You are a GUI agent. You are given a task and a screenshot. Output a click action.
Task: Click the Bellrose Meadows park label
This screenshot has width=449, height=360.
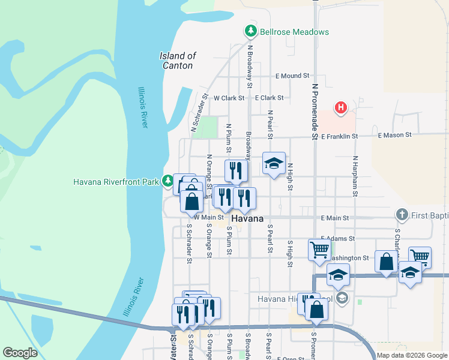(294, 31)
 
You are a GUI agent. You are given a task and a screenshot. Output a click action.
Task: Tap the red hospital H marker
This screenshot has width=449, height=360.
(341, 108)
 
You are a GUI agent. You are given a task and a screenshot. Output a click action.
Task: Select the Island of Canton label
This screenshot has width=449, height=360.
(178, 61)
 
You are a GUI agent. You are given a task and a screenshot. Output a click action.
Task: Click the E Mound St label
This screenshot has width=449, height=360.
(292, 76)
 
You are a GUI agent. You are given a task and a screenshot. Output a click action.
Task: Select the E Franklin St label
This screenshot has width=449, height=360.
(339, 136)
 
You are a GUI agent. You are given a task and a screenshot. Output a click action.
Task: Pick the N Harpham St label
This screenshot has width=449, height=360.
(355, 176)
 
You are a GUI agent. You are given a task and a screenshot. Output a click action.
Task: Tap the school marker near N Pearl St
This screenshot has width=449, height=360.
(273, 163)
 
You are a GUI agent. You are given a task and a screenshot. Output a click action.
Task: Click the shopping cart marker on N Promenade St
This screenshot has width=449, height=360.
(319, 248)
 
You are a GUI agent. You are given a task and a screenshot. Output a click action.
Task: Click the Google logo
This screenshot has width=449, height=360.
(20, 353)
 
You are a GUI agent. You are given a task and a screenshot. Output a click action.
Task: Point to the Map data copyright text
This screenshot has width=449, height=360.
(412, 355)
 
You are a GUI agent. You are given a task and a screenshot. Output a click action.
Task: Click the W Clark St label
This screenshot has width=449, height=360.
(229, 98)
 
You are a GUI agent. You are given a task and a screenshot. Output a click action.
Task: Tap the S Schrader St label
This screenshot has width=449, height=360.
(188, 244)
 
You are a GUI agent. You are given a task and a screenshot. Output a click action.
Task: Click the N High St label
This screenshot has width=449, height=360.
(290, 176)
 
